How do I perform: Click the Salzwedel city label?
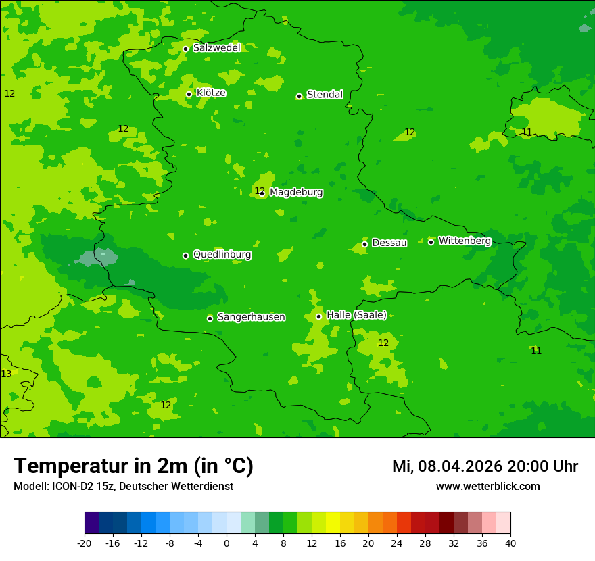coord(216,48)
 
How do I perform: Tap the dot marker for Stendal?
coord(299,96)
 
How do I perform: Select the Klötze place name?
coord(211,93)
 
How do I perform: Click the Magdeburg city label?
coord(296,193)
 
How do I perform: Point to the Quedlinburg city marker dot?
coord(185,255)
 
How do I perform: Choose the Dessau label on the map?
coord(389,243)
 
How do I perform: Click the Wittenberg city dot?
coord(431,242)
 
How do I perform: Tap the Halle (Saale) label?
coord(356,315)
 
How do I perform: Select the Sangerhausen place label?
coord(251,317)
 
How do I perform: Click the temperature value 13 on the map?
coord(6,374)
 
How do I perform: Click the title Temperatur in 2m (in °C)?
coord(133,466)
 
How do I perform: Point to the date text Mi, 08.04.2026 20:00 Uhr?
coord(485,466)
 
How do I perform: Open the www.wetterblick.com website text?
coord(487,487)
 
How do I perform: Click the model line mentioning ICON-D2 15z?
coord(123,487)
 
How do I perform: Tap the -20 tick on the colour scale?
coord(85,543)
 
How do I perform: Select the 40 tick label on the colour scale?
coord(510,543)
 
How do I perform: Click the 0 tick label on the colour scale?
coord(227,543)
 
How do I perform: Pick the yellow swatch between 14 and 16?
coord(333,523)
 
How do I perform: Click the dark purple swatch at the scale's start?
coord(91,523)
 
